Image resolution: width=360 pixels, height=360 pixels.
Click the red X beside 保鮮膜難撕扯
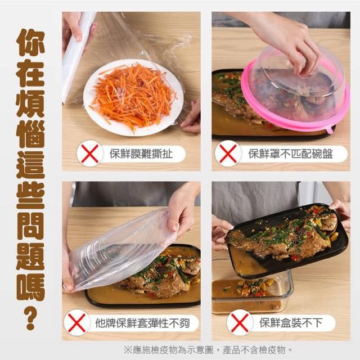89,154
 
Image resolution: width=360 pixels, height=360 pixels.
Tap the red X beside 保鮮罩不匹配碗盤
228,154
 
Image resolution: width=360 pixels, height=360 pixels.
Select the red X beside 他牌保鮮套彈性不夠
77,323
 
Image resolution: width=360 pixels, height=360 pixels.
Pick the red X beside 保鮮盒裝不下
240,323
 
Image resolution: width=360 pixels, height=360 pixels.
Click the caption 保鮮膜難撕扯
141,154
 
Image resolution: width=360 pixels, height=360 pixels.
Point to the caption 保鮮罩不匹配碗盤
290,154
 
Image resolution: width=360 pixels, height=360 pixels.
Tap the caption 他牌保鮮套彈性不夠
142,323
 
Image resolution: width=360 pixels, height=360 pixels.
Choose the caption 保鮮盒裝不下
291,322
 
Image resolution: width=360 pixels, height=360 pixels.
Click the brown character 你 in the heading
30,43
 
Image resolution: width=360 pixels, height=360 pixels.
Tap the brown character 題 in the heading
30,256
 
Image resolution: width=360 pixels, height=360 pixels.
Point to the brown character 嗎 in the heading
30,287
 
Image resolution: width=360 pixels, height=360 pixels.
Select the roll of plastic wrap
74,57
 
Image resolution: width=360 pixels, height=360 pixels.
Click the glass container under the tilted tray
252,291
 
